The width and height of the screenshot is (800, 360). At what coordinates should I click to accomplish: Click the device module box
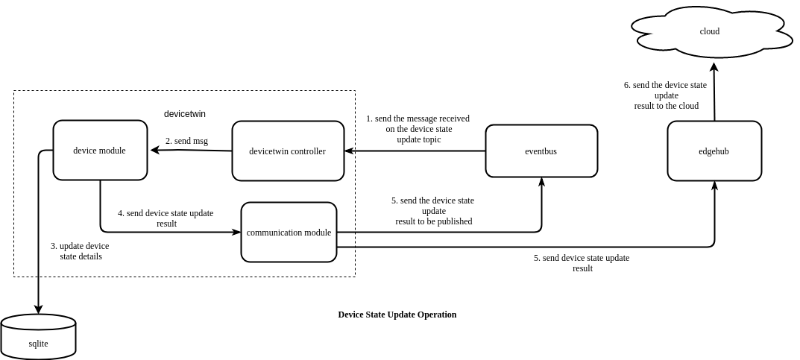[x=100, y=151]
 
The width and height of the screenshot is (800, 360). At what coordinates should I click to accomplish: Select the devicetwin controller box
[x=288, y=151]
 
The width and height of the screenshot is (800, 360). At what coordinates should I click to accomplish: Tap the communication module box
[x=289, y=233]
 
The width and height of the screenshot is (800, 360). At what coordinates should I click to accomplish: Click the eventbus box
[x=541, y=151]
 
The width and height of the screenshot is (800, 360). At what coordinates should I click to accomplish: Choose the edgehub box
[x=714, y=151]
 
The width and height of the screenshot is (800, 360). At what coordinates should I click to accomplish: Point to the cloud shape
[x=710, y=32]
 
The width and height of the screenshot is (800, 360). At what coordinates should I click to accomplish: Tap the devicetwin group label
[x=185, y=114]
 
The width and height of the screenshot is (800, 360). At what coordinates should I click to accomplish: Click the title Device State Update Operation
[x=397, y=315]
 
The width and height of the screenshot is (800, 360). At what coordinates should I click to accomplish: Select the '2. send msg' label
[x=186, y=141]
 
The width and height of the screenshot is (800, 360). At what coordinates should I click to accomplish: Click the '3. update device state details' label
[x=80, y=251]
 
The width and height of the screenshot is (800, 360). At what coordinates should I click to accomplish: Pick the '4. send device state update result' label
[x=166, y=218]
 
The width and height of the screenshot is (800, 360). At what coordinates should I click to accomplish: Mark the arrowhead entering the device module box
[x=155, y=150]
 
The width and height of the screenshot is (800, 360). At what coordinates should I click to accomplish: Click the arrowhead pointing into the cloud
[x=714, y=67]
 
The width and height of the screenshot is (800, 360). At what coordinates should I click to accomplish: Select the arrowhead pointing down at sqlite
[x=38, y=309]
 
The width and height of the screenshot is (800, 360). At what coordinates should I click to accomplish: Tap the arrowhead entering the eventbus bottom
[x=541, y=182]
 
